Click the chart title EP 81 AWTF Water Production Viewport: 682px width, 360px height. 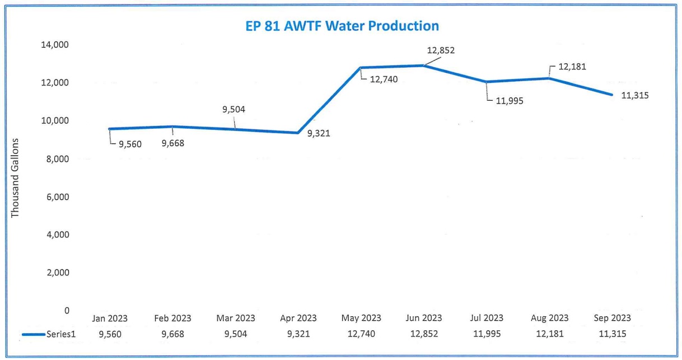click(x=342, y=26)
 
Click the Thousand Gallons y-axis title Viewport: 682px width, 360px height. click(x=15, y=177)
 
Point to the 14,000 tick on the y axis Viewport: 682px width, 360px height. click(x=55, y=45)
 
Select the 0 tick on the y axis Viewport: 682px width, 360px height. click(x=67, y=310)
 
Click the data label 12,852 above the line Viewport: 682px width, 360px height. click(x=441, y=50)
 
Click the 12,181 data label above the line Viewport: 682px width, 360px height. click(x=572, y=67)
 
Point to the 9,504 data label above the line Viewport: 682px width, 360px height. click(x=233, y=109)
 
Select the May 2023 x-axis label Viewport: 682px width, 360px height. click(x=361, y=318)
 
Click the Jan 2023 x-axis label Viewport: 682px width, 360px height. click(x=110, y=318)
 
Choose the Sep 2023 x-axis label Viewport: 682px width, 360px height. click(x=611, y=318)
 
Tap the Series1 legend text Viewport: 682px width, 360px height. click(x=64, y=334)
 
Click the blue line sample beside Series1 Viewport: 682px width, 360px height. click(x=33, y=334)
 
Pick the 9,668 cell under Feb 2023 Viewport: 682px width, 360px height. click(x=172, y=334)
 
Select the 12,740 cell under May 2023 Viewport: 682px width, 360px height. click(x=361, y=334)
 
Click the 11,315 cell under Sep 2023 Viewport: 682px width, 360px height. click(x=611, y=334)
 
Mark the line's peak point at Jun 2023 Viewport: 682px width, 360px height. click(x=424, y=66)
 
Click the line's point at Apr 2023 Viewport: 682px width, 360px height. click(x=298, y=133)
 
